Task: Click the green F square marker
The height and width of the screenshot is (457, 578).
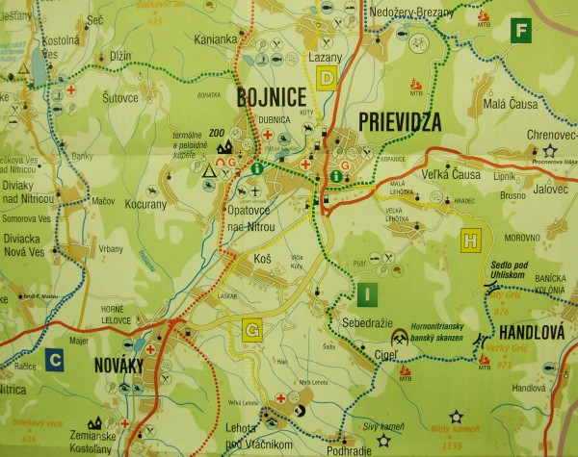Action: (521, 29)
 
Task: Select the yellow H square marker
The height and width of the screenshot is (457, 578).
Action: (471, 238)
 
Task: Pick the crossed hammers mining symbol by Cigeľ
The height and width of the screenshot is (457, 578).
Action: (398, 339)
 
